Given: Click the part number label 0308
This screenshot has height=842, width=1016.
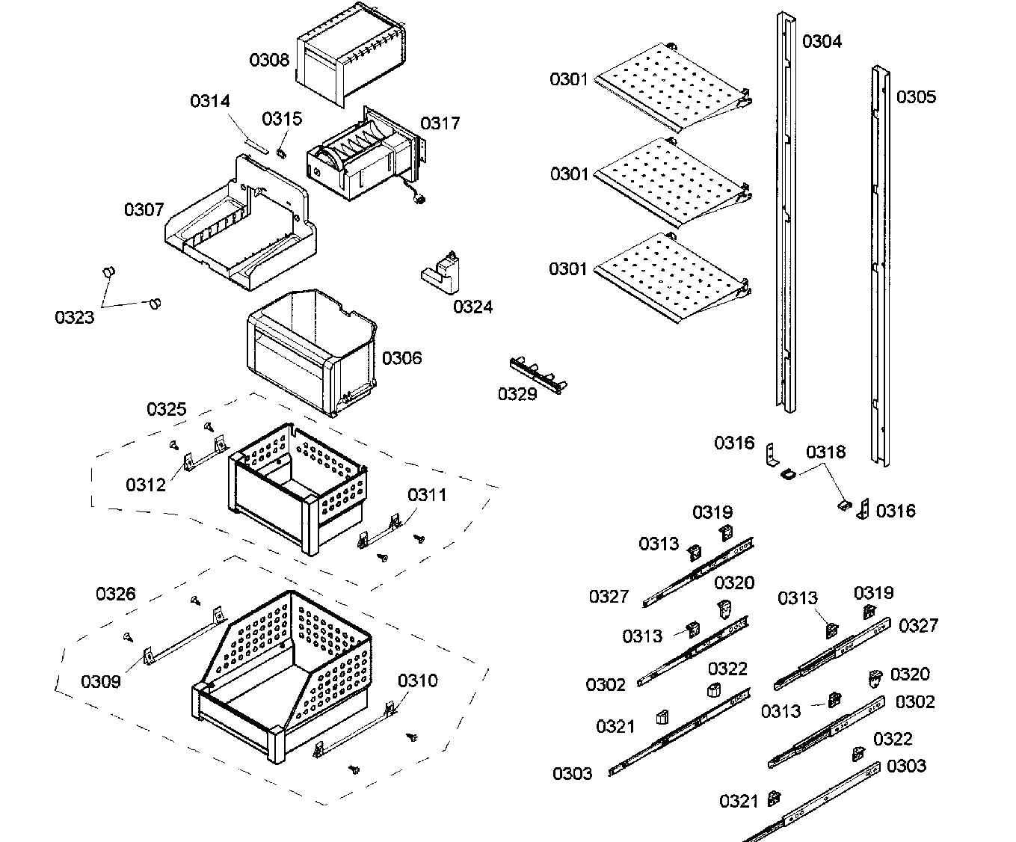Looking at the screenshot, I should (269, 60).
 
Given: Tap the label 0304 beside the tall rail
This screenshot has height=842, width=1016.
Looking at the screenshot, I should (822, 41).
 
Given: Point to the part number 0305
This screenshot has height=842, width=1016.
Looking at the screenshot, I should (916, 96).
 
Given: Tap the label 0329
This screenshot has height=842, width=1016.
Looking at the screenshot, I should (517, 393).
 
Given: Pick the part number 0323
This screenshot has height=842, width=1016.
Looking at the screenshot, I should (75, 317).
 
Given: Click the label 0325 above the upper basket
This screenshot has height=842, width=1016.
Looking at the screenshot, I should (167, 409).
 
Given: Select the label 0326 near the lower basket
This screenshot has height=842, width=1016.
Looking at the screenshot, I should (116, 594).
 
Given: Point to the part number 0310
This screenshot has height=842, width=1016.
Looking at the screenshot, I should (418, 680).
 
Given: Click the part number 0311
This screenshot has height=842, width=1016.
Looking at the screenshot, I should (428, 494).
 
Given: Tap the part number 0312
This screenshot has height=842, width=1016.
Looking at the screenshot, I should (146, 485).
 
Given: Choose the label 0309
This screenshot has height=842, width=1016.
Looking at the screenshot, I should (101, 681).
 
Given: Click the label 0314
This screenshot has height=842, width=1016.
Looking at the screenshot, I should (210, 101).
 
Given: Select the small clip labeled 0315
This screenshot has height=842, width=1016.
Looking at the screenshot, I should (282, 153).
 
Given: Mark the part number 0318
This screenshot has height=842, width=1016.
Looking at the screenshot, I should (826, 452).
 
